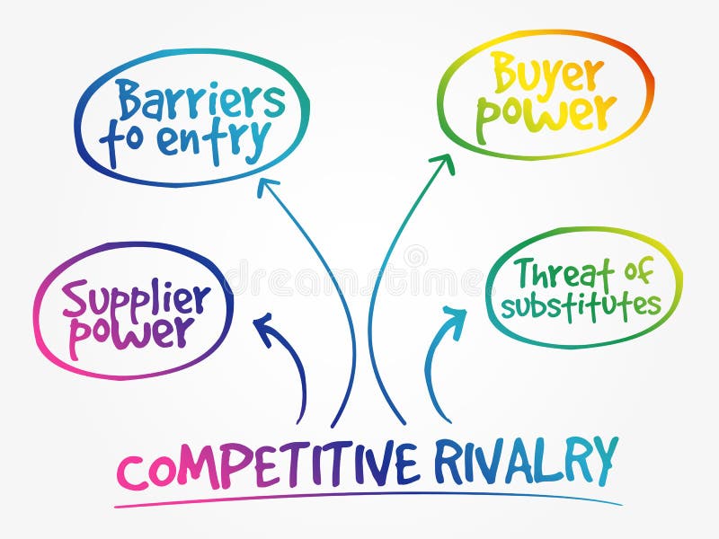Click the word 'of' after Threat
click(x=635, y=270)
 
